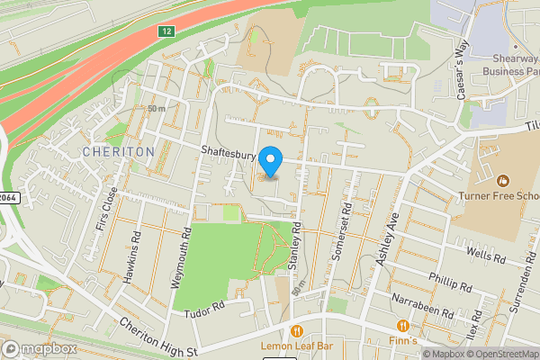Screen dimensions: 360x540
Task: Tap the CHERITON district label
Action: tap(119, 152)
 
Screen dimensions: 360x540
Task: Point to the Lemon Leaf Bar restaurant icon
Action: tap(297, 328)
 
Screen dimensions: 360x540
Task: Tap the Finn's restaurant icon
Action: tap(403, 325)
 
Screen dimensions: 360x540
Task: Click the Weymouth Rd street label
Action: tap(180, 256)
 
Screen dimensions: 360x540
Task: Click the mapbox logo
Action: tap(40, 349)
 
